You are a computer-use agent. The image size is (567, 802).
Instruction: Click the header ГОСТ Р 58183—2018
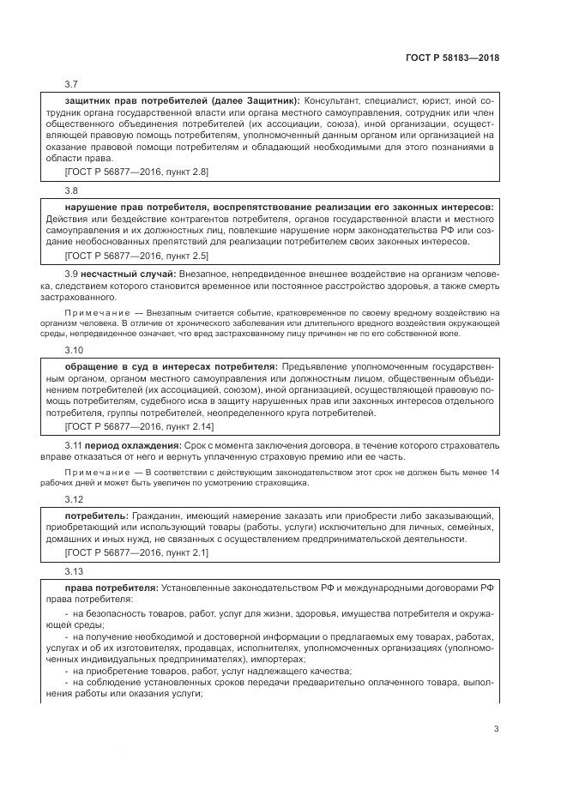pyautogui.click(x=451, y=58)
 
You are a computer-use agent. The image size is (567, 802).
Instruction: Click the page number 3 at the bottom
pyautogui.click(x=496, y=730)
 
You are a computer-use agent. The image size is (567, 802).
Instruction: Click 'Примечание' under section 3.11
pyautogui.click(x=97, y=473)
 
